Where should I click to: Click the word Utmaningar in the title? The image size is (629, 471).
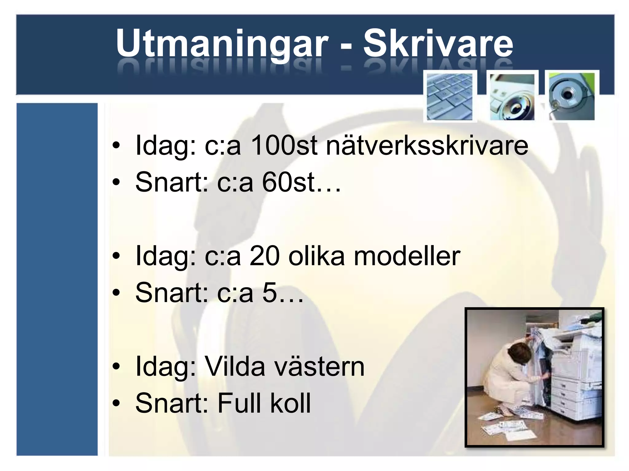coord(221,44)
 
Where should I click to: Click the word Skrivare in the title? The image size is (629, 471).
coord(438,44)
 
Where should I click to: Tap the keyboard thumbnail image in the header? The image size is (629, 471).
coord(450,96)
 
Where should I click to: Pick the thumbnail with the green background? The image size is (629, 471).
coord(572,96)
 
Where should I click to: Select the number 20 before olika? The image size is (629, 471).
coord(264,256)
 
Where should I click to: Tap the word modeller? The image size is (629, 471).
coord(407,256)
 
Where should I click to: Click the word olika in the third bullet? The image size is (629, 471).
coord(317,256)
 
